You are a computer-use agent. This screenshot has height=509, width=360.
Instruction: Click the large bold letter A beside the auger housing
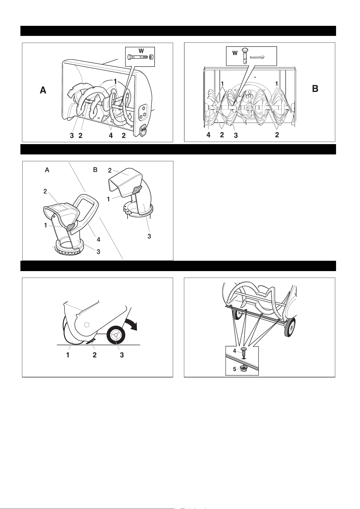[x=43, y=90]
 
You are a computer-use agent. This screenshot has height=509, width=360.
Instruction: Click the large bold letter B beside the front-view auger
[x=315, y=89]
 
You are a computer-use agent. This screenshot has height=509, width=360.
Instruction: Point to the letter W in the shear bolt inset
[x=141, y=51]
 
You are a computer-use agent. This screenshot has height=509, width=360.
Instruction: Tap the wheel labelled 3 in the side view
[x=116, y=336]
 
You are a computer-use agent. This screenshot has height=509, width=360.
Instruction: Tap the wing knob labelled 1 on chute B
[x=137, y=190]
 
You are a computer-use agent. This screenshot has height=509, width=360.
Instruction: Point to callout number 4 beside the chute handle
[x=99, y=240]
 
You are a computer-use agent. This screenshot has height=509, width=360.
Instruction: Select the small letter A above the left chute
[x=47, y=170]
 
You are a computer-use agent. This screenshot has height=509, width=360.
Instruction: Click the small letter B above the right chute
[x=95, y=170]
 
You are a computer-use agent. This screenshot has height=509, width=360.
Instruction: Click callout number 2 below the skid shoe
[x=94, y=355]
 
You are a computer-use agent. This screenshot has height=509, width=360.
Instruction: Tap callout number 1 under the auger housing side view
[x=68, y=355]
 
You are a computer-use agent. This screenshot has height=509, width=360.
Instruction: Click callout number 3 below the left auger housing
[x=72, y=136]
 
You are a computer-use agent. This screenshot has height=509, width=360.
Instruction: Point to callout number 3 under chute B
[x=149, y=237]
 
